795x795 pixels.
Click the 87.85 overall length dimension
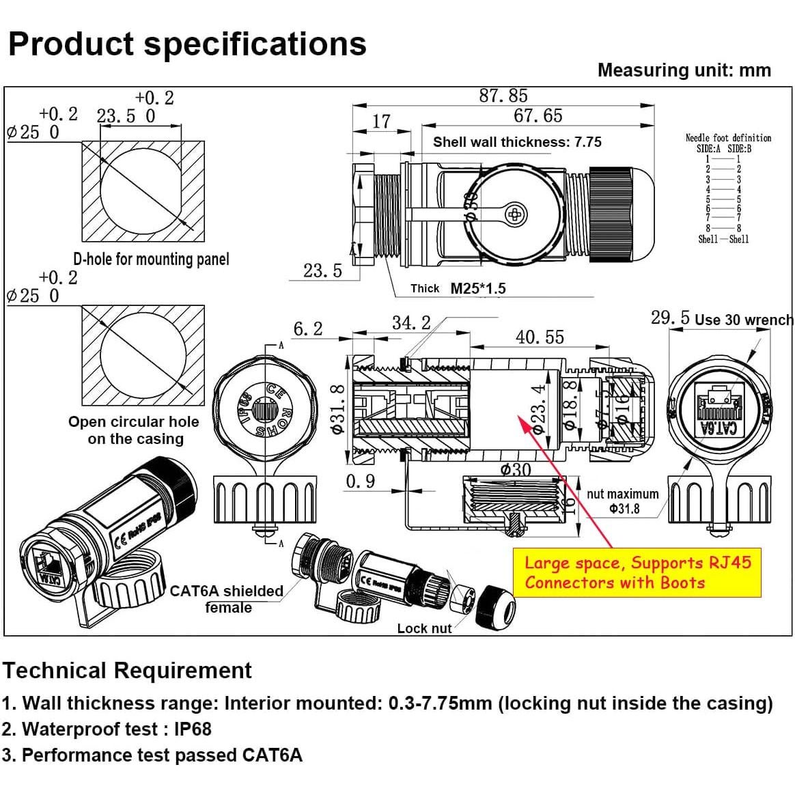tap(503, 96)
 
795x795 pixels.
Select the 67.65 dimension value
tap(538, 115)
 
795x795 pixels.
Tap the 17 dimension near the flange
tap(381, 121)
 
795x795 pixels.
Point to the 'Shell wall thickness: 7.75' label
tap(517, 142)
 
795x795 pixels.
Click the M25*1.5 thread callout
tap(477, 288)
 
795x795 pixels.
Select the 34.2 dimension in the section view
tap(411, 322)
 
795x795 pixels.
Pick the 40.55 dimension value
tap(540, 337)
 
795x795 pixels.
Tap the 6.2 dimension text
tap(307, 329)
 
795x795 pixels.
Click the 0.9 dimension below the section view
tap(360, 481)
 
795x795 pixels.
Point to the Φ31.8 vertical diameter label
tap(337, 409)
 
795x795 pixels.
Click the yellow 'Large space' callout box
tap(637, 572)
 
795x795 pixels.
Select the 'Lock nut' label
tap(424, 628)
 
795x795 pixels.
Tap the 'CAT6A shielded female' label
tap(227, 599)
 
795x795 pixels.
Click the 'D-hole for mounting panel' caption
tap(151, 259)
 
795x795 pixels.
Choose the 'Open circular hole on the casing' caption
tap(134, 430)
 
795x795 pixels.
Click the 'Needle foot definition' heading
tap(728, 137)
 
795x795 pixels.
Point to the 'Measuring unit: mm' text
tap(684, 70)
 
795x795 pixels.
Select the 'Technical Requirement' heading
tap(127, 670)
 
